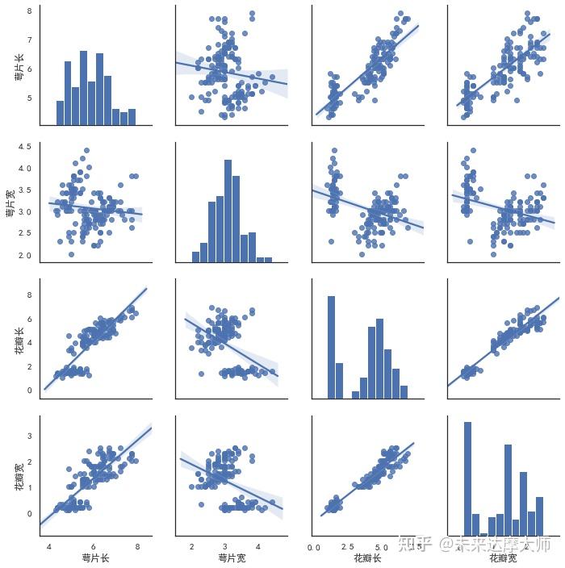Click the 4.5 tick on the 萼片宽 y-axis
[x=25, y=147]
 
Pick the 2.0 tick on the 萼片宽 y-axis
[x=25, y=256]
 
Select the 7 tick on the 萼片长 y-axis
[x=29, y=40]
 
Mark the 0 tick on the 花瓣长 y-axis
[x=29, y=390]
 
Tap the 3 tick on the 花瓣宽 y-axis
[x=29, y=436]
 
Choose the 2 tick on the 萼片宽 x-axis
[x=192, y=545]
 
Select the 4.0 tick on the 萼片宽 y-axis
[x=25, y=169]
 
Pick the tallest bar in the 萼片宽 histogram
[x=228, y=210]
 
